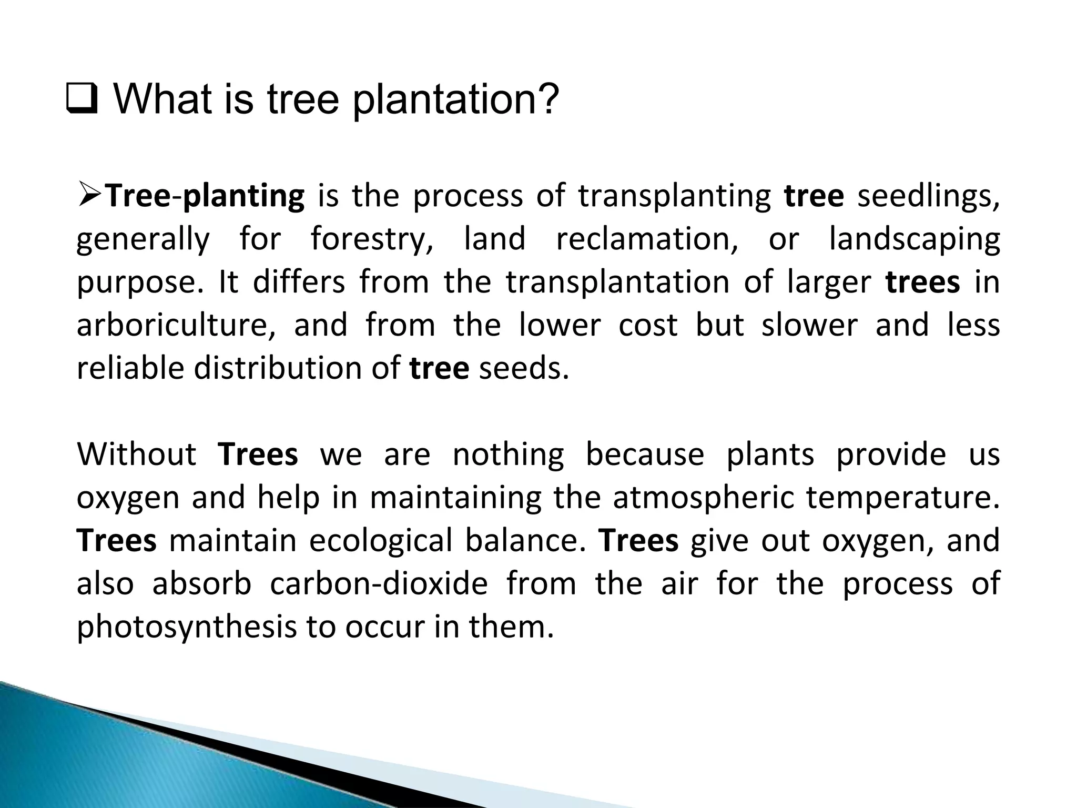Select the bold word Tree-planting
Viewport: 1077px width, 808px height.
tap(205, 196)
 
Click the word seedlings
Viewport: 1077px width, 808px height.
tap(928, 196)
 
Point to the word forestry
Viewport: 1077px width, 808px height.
tap(372, 239)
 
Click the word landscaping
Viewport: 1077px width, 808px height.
tap(914, 239)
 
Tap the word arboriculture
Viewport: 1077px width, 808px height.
tap(176, 325)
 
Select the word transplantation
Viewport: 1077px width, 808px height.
tap(618, 282)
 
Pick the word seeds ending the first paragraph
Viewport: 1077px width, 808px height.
tap(524, 368)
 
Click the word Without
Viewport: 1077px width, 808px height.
tap(136, 454)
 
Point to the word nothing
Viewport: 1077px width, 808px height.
tap(508, 455)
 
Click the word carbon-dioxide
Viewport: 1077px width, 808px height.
tap(379, 584)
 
